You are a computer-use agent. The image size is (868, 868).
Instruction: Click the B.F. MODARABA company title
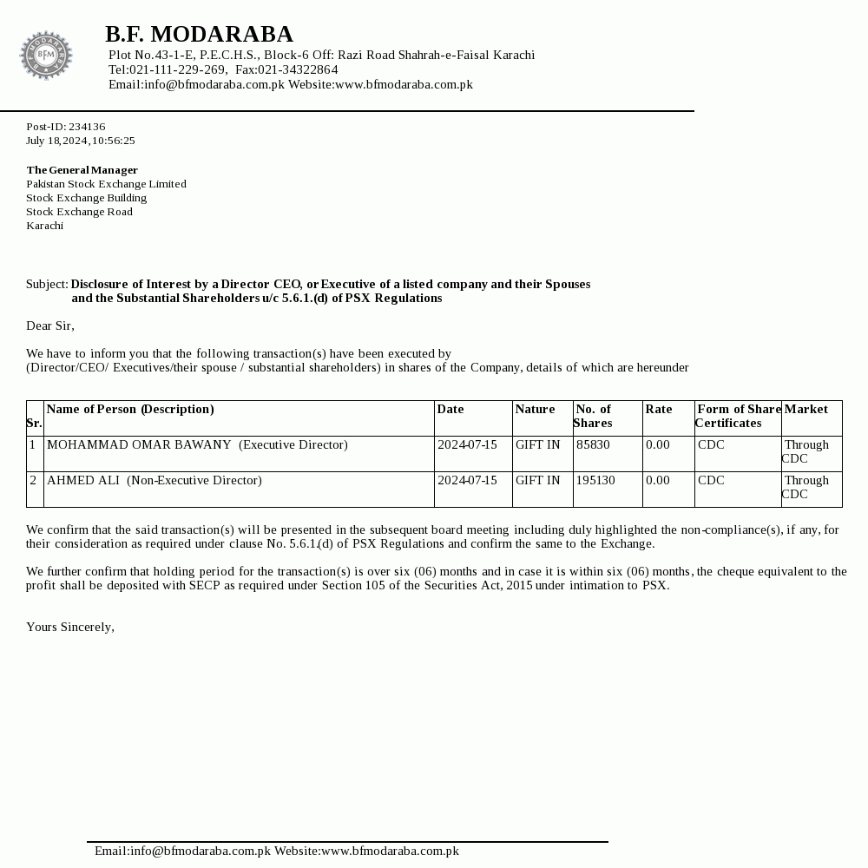(199, 34)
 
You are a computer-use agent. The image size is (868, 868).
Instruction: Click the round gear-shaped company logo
(46, 56)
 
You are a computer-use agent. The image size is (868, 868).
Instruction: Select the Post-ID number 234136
(87, 127)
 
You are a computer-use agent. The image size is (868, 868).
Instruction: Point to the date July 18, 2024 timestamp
(80, 141)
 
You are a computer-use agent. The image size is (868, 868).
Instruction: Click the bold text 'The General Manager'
(82, 170)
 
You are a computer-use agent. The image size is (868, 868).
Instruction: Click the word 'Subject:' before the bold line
(47, 284)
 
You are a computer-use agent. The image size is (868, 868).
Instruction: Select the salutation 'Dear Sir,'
(50, 325)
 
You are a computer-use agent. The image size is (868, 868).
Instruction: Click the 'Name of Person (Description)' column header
(130, 409)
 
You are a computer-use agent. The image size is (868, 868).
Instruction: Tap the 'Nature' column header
(535, 409)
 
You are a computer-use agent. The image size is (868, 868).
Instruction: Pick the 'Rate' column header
(659, 409)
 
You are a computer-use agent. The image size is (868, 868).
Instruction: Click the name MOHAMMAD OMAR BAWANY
(139, 444)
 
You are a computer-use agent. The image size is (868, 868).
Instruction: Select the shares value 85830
(593, 444)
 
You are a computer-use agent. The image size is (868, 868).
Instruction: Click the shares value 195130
(595, 480)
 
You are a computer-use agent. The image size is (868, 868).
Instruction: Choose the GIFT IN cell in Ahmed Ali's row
(537, 480)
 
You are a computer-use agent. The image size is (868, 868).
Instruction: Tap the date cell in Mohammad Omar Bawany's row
(467, 444)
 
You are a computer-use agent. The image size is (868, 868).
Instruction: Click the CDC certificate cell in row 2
(711, 480)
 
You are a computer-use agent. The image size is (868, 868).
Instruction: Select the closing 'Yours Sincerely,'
(70, 627)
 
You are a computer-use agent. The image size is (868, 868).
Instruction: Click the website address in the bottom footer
(390, 851)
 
